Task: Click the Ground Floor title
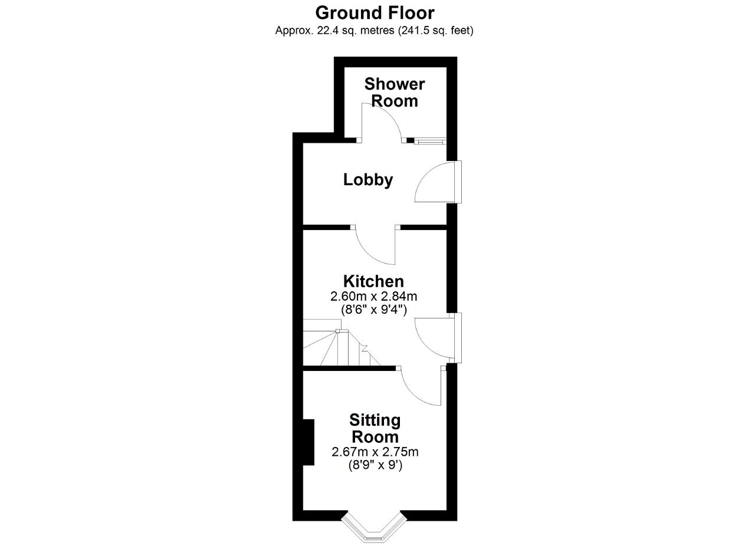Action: pyautogui.click(x=375, y=13)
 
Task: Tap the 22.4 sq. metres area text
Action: pyautogui.click(x=356, y=31)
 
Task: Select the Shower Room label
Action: pyautogui.click(x=395, y=93)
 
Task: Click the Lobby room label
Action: pyautogui.click(x=368, y=179)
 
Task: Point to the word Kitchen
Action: pyautogui.click(x=373, y=281)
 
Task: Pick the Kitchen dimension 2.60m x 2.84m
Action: pyautogui.click(x=373, y=296)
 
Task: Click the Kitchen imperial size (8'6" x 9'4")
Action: pyautogui.click(x=374, y=310)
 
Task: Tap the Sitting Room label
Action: pyautogui.click(x=375, y=428)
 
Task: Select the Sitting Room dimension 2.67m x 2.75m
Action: pyautogui.click(x=375, y=452)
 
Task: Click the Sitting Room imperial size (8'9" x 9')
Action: pyautogui.click(x=375, y=465)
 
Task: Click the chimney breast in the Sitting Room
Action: pyautogui.click(x=308, y=442)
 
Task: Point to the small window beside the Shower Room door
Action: pyautogui.click(x=431, y=141)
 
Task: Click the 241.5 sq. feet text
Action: pyautogui.click(x=436, y=31)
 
